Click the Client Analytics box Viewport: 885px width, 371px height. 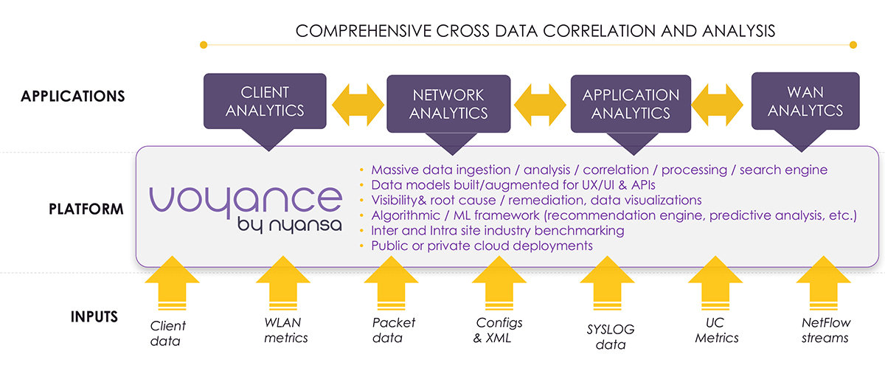[x=264, y=101]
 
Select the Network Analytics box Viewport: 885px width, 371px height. [x=448, y=104]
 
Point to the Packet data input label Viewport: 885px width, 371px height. [x=394, y=330]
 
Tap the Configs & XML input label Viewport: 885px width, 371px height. [x=499, y=330]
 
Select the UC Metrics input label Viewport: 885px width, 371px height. [x=717, y=330]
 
